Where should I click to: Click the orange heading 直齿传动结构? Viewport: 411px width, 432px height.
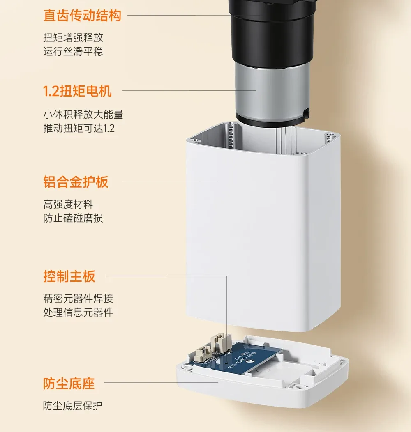[82, 16]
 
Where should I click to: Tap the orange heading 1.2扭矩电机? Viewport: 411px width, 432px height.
[77, 91]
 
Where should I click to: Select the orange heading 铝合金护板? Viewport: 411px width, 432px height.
[76, 182]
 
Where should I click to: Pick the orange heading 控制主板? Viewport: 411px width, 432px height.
[69, 276]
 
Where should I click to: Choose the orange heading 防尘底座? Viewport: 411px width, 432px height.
[69, 383]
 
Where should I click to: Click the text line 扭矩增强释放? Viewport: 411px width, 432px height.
[73, 38]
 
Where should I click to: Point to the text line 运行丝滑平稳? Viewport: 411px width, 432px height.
[73, 51]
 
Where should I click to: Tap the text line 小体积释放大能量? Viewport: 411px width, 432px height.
[83, 115]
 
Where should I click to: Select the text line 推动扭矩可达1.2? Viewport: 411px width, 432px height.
[79, 129]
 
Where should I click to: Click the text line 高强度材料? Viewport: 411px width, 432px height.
[68, 205]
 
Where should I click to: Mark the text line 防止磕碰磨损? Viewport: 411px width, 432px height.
[73, 218]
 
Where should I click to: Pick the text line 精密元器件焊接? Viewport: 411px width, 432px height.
[78, 299]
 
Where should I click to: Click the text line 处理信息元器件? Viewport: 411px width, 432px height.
[78, 312]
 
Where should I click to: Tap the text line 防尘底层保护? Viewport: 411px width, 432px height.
[73, 406]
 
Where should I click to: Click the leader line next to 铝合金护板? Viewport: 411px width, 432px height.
[170, 182]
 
